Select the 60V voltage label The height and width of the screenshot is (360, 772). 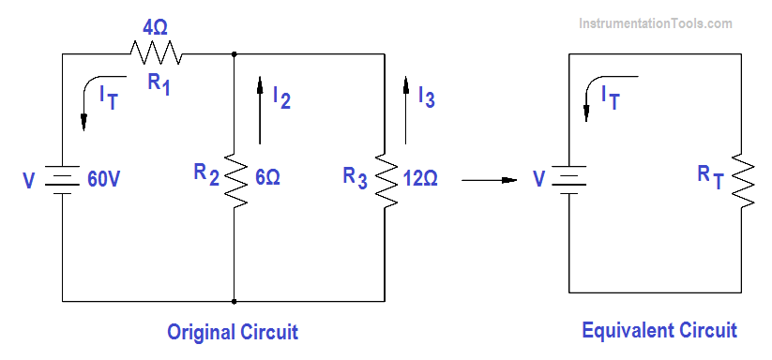point(103,179)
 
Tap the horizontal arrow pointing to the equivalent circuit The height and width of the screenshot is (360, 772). point(490,178)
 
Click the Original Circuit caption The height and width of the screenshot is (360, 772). point(232,331)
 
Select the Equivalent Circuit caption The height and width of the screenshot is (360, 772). point(658,330)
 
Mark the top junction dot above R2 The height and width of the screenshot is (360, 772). point(233,54)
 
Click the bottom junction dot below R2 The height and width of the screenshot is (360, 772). point(233,302)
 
